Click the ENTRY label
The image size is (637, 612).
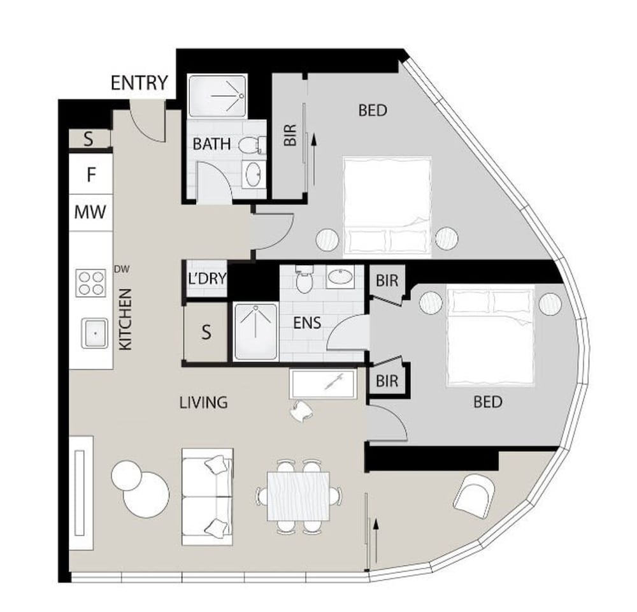coord(139,83)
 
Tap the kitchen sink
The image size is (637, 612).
coord(95,333)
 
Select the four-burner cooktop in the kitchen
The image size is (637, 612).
coord(91,283)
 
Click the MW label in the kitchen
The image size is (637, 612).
coord(90,212)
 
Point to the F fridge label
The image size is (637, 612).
coord(91,175)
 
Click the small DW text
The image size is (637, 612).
coord(122,269)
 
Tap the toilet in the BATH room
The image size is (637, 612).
coord(252,145)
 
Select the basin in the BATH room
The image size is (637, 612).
coord(254,173)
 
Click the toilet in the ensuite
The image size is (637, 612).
coord(304,279)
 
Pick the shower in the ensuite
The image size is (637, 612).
coord(255,331)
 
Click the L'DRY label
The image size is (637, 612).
coord(207,279)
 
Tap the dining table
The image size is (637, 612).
coord(298,496)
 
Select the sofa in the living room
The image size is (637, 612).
coord(207,497)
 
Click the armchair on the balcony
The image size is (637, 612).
coord(474,496)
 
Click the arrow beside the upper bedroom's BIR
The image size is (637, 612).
coord(313,160)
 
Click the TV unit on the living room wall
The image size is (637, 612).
coord(81,493)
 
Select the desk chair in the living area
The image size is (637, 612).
coord(301,411)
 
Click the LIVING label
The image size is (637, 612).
coord(204,402)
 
